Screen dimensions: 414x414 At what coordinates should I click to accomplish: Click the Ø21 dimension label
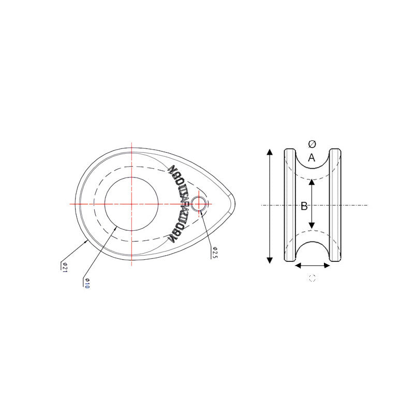pos(65,267)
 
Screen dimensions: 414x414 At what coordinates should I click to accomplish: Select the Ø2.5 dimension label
pos(214,253)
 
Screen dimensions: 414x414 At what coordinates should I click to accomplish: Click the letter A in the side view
pos(311,158)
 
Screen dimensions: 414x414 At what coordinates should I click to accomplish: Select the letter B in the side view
pos(304,206)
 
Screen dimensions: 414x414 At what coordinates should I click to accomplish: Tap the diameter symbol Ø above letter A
pos(312,144)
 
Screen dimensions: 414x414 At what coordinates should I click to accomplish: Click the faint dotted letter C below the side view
pos(312,278)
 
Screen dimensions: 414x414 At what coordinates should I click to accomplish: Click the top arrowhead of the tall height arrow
pos(269,152)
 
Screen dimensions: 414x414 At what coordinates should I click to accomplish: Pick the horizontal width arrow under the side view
pos(312,265)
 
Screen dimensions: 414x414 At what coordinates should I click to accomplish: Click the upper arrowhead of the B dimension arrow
pos(312,181)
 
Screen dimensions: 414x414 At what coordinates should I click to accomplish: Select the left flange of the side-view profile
pos(289,205)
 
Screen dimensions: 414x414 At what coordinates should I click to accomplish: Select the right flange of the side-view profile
pos(335,205)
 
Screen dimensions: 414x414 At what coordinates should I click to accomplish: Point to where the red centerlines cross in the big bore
pos(131,204)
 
